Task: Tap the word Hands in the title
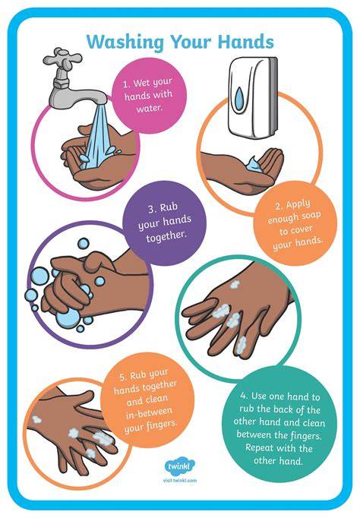[x=246, y=42]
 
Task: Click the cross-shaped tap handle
[x=62, y=58]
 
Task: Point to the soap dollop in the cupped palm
[x=254, y=165]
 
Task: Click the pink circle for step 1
[x=149, y=95]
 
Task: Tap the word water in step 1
[x=150, y=108]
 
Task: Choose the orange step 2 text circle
[x=295, y=223]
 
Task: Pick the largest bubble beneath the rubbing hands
[x=68, y=317]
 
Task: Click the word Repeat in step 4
[x=259, y=448]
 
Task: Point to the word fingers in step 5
[x=159, y=425]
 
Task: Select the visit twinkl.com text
[x=180, y=480]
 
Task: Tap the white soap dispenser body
[x=253, y=97]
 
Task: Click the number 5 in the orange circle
[x=122, y=377]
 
